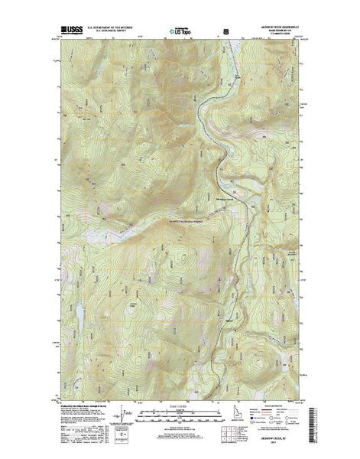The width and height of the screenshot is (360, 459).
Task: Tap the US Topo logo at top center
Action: pos(181,33)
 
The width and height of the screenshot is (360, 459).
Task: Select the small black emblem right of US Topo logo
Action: pos(225,33)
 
